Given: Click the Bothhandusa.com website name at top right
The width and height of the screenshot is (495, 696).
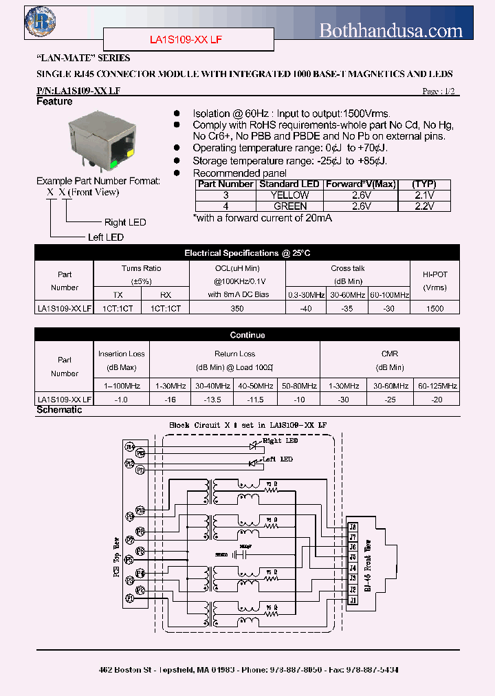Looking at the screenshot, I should (x=391, y=30).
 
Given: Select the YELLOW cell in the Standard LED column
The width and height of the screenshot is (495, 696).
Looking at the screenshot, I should (x=291, y=195).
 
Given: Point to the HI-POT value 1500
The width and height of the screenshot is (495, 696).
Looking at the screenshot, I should (x=434, y=309).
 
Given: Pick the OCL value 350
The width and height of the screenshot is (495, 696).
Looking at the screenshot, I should (x=237, y=309).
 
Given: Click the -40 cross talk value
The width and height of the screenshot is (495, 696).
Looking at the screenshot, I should (x=306, y=309).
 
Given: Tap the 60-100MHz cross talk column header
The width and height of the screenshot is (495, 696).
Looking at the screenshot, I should (x=390, y=295).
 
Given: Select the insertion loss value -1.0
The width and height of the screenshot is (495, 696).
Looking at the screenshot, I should (x=121, y=399).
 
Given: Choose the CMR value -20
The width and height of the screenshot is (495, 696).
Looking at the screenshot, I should (x=437, y=399).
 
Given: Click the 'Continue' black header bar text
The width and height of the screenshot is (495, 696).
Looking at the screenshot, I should (x=247, y=335).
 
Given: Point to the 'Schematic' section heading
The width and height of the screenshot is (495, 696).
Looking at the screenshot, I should (x=59, y=410).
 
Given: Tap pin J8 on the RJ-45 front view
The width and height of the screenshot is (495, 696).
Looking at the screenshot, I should (x=353, y=528).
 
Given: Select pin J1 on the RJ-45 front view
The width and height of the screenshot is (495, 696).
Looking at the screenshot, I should (x=353, y=600).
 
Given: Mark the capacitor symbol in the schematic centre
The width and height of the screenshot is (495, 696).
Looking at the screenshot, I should (x=240, y=553).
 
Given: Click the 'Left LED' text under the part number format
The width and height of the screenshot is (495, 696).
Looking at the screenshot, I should (x=106, y=237).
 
